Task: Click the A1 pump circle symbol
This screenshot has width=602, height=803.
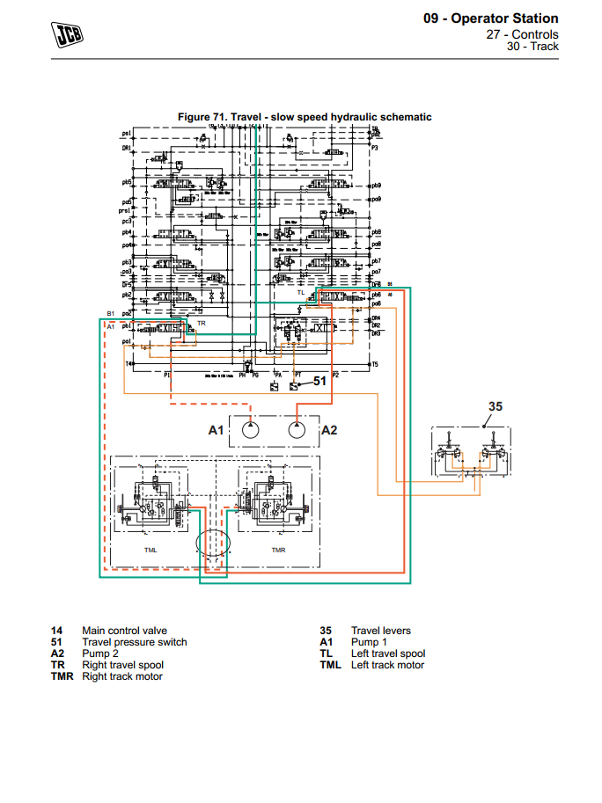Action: (x=249, y=430)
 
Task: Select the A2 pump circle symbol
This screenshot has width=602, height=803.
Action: (x=297, y=430)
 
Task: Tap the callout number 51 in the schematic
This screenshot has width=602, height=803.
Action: (x=320, y=381)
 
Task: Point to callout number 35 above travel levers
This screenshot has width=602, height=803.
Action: (x=496, y=405)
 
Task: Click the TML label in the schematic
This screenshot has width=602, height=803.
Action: (x=152, y=549)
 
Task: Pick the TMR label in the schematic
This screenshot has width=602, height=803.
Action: (x=278, y=549)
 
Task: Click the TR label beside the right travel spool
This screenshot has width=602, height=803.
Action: (x=202, y=324)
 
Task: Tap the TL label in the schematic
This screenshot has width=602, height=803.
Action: (x=301, y=291)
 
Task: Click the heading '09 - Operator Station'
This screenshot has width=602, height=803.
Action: (x=491, y=18)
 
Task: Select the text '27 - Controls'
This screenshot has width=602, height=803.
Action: (x=523, y=34)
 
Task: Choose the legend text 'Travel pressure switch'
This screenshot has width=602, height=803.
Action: (x=135, y=642)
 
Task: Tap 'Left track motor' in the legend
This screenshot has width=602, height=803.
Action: (x=387, y=665)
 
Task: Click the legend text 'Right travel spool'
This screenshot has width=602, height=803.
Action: (x=122, y=665)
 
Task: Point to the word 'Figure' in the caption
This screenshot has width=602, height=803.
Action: (x=194, y=117)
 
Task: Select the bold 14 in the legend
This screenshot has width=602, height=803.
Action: (x=57, y=631)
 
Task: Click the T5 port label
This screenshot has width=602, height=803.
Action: (x=374, y=363)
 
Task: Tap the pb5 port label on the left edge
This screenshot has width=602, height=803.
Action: (x=127, y=182)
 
